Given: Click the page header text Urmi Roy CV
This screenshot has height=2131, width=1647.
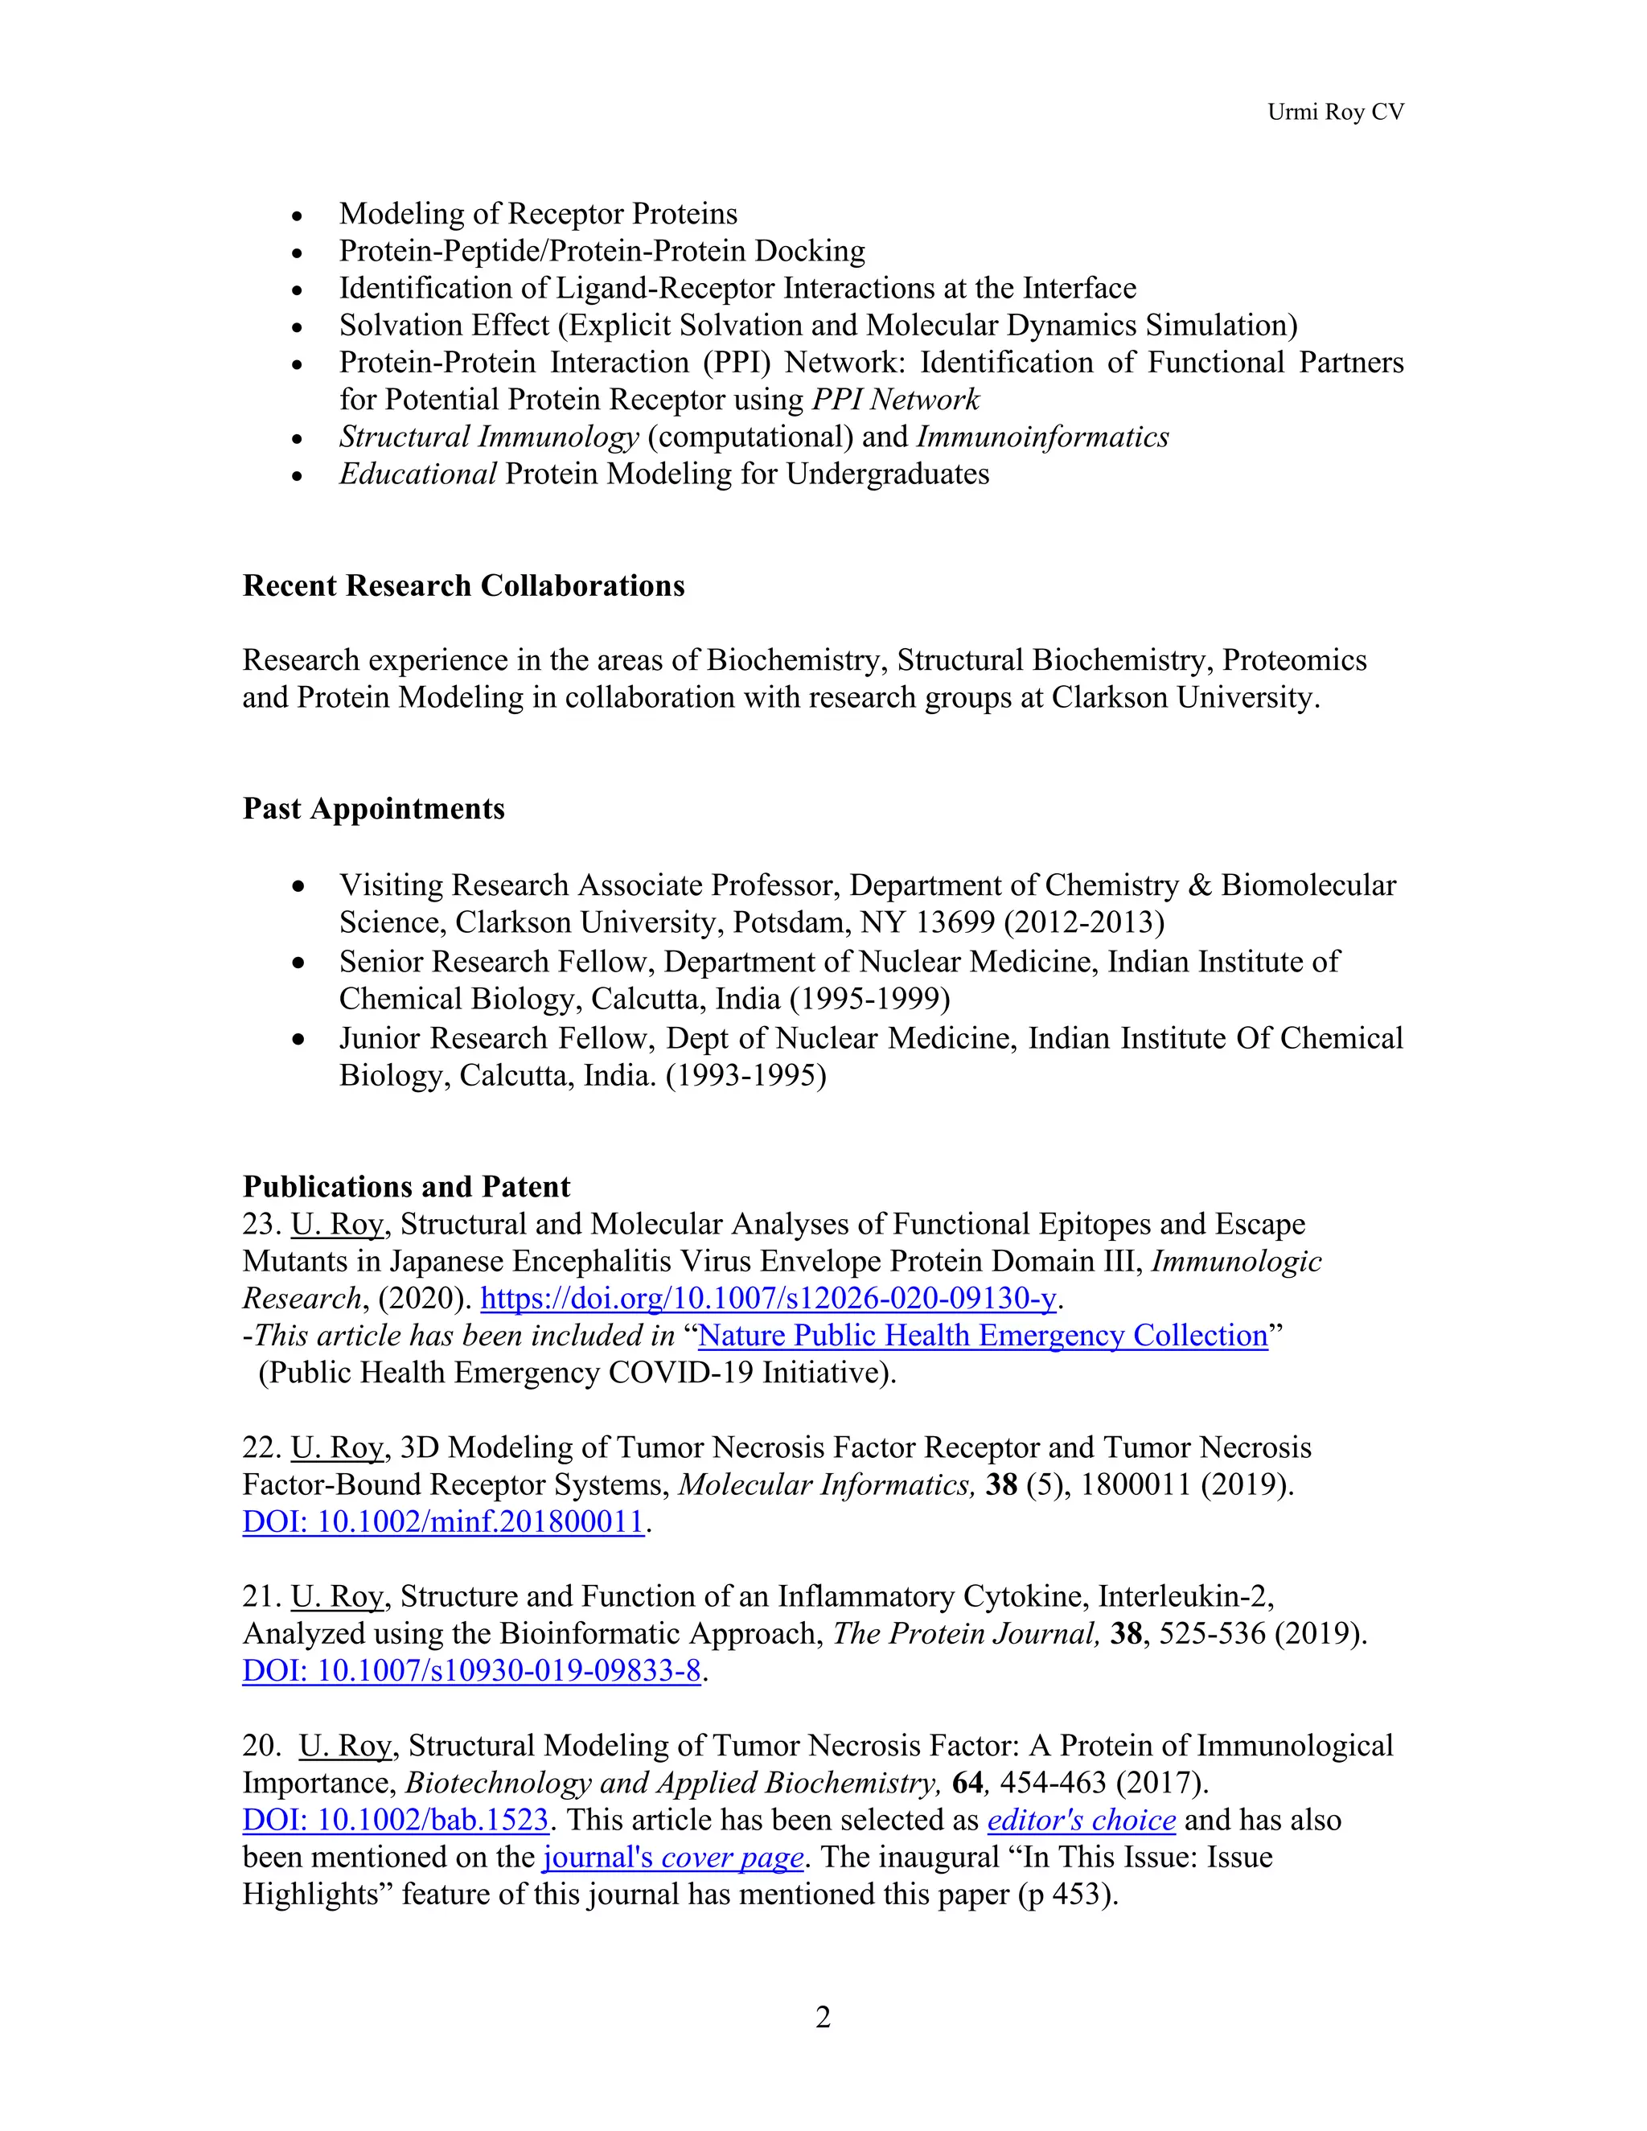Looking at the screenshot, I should [x=1335, y=113].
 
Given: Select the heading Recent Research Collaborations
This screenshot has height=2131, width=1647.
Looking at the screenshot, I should [x=463, y=585].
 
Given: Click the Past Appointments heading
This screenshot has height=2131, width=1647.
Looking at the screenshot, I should [x=374, y=809].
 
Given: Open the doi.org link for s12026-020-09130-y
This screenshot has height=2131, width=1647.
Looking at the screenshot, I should [x=769, y=1299].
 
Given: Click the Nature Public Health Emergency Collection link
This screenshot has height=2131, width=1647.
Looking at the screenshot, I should [x=983, y=1336].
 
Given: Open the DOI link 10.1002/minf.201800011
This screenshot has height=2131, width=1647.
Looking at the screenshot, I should [x=443, y=1522].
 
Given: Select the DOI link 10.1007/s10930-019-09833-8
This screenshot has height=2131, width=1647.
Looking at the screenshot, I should [x=471, y=1672].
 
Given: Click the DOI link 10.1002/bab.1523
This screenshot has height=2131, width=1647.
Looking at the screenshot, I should [x=395, y=1821].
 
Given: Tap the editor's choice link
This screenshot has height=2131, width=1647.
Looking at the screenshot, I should [x=1081, y=1821].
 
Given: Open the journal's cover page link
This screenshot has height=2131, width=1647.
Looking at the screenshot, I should [x=673, y=1858].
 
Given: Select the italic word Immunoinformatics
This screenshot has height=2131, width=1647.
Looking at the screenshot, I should [x=1042, y=437].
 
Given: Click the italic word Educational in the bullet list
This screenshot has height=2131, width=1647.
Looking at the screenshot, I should [x=417, y=474].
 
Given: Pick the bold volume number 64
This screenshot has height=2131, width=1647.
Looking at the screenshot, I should [x=967, y=1784].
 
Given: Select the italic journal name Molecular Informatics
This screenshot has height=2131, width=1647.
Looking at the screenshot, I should [x=825, y=1485].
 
